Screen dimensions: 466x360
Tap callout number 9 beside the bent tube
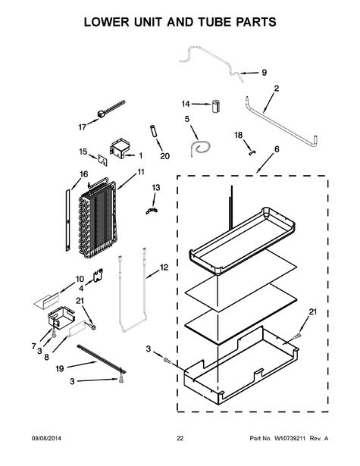point(264,73)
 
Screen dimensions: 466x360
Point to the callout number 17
point(83,127)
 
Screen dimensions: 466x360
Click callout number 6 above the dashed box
point(276,150)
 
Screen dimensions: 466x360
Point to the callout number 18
point(237,135)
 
